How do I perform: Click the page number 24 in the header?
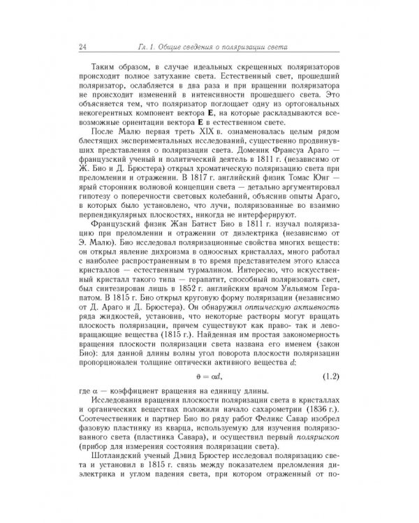(83, 47)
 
